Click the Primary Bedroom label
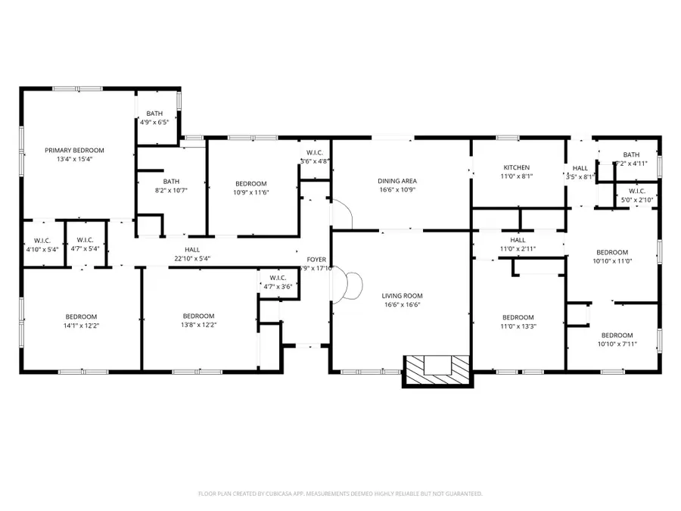[74, 151]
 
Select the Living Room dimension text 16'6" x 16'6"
[402, 305]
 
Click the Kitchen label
[517, 167]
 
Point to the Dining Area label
[397, 181]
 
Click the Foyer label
[316, 260]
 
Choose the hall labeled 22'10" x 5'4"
[192, 254]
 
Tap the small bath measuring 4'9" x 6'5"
[154, 118]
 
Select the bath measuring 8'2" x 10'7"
[172, 185]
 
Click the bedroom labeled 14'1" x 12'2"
[81, 321]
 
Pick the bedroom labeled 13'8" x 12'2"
[198, 321]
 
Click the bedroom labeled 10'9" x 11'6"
[251, 188]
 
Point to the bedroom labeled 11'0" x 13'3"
[518, 322]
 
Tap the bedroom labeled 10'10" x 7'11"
[617, 340]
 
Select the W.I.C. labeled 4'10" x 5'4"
[42, 244]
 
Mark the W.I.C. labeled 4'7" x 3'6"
[275, 282]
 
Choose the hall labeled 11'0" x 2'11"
[518, 244]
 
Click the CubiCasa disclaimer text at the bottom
[340, 493]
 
